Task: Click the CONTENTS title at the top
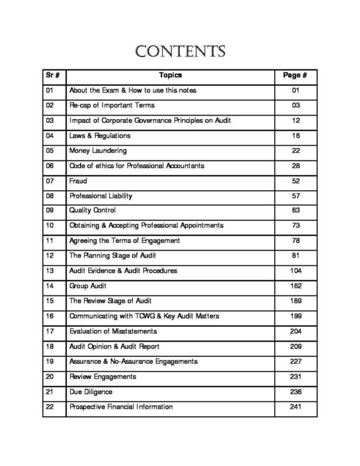180,52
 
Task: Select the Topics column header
170,75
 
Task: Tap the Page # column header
295,75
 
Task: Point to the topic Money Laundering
98,151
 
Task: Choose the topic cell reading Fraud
78,181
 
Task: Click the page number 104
295,271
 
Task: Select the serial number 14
50,286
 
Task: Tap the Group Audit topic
88,286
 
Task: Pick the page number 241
295,407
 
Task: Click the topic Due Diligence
91,392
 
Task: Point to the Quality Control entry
92,210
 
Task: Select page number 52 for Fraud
295,181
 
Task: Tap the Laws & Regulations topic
100,136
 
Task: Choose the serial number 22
50,407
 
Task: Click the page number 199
295,316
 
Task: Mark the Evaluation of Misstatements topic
113,331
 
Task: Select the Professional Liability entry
101,196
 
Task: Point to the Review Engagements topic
103,377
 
